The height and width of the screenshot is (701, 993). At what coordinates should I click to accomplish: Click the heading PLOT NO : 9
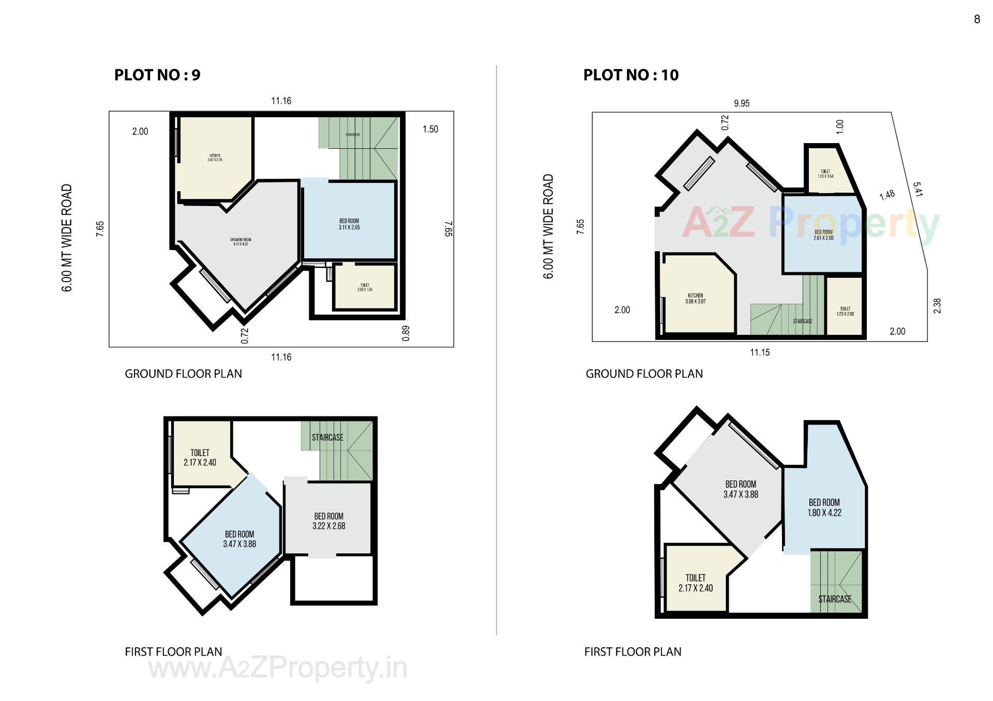[157, 75]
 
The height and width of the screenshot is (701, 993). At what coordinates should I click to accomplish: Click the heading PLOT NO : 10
[630, 75]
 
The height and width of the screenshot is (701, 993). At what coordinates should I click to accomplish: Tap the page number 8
[976, 20]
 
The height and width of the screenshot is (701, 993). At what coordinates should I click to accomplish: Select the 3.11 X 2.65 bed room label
[349, 224]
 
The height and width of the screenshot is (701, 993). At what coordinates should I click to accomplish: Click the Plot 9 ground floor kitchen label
[215, 158]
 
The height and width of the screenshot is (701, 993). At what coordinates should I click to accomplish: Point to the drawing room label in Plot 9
[240, 242]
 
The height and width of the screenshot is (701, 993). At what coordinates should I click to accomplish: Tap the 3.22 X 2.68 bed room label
[328, 521]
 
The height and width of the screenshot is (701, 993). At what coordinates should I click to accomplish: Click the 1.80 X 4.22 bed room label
[824, 507]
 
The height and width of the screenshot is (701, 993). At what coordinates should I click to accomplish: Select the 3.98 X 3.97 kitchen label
[695, 299]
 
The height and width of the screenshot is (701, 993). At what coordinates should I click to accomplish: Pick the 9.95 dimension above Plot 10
[741, 103]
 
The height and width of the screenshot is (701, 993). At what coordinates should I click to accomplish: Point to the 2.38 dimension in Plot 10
[937, 306]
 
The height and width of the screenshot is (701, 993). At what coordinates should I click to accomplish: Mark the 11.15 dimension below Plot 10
[759, 352]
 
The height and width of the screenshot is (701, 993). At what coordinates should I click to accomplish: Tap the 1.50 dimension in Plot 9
[430, 129]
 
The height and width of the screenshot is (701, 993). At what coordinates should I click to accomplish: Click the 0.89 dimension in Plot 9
[405, 333]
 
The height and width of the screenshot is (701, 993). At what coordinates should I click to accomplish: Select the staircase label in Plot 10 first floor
[834, 599]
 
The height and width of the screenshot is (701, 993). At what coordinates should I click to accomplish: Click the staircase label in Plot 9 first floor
[327, 438]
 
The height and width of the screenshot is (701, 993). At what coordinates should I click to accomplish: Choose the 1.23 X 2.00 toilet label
[845, 311]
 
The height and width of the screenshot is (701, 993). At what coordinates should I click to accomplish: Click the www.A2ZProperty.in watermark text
[278, 668]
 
